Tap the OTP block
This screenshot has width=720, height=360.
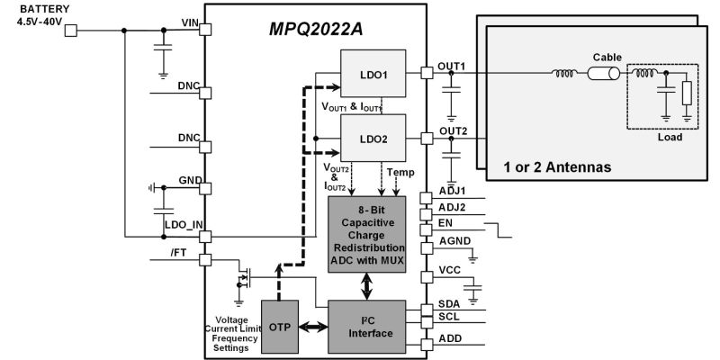pyautogui.click(x=277, y=326)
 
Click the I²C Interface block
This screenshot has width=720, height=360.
pyautogui.click(x=366, y=326)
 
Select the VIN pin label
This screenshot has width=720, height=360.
pyautogui.click(x=189, y=22)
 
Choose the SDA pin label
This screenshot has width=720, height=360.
pyautogui.click(x=448, y=303)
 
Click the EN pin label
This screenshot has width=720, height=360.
pyautogui.click(x=445, y=222)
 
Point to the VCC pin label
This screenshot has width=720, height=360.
pyautogui.click(x=449, y=270)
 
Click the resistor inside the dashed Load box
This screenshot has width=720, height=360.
pyautogui.click(x=687, y=93)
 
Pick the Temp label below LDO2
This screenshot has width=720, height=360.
pyautogui.click(x=400, y=171)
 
